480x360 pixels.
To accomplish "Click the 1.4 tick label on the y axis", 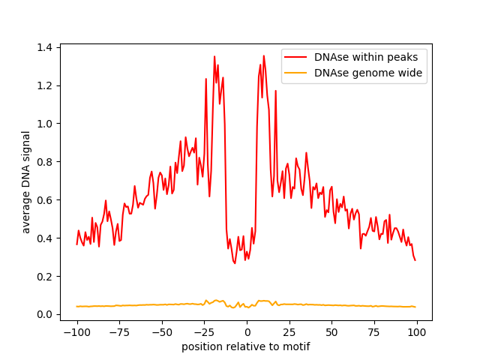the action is coord(44,47).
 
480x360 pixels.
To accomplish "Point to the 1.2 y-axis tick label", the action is coord(44,85).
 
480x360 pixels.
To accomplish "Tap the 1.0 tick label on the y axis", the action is coord(44,124).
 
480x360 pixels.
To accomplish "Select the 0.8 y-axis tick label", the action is coord(44,162).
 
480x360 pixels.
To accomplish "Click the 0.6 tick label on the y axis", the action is coord(44,200).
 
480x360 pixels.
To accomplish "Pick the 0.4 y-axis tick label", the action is coord(44,238).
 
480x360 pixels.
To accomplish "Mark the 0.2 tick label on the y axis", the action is coord(44,277).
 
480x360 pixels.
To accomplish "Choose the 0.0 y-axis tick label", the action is coord(44,314).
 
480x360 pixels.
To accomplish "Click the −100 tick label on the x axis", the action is coord(77,332).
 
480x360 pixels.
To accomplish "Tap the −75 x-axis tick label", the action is coord(119,332).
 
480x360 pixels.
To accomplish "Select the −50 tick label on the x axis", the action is coord(162,332).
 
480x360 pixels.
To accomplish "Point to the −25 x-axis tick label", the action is coord(205,332).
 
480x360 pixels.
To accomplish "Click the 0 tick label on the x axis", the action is coord(247,332).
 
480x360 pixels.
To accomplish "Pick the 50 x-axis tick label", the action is coord(331,332).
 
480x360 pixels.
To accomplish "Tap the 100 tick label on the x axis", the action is coord(417,332).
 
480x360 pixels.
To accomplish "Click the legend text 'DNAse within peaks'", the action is coord(366,57).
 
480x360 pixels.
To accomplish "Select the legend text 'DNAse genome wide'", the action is coord(368,73).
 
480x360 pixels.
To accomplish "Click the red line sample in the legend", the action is coord(295,57).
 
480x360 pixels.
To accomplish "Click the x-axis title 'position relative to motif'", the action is coord(246,346).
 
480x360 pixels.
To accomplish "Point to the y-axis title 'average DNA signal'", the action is coord(26,182).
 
